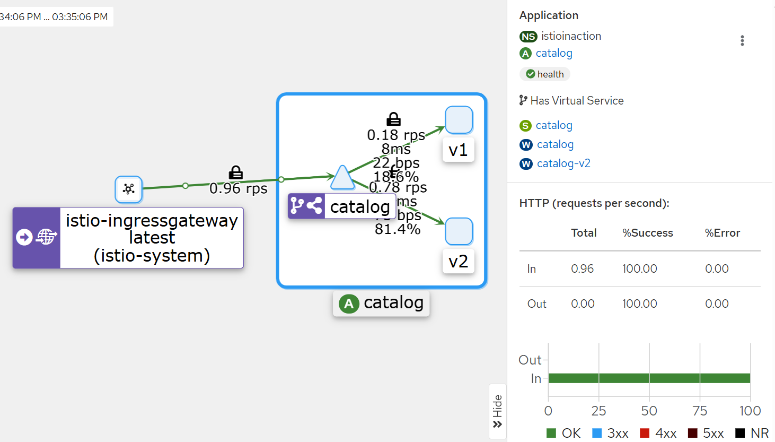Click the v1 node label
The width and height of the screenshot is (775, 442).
458,150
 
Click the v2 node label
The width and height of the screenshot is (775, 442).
458,262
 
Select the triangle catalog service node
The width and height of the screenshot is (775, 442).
342,178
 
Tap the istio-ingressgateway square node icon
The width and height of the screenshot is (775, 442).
129,189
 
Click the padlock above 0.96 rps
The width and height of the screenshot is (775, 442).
236,172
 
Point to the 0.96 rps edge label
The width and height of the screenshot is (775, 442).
239,188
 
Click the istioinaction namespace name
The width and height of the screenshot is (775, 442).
571,36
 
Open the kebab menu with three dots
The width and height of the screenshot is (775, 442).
742,41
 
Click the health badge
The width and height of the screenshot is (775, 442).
545,74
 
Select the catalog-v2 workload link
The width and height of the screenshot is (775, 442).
563,163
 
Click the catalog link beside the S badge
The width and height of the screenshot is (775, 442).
554,125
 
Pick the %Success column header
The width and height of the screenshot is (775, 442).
647,233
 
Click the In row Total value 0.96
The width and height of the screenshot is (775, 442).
582,269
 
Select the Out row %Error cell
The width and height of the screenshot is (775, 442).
717,304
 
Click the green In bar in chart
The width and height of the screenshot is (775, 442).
649,378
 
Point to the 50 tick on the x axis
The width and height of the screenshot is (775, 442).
649,411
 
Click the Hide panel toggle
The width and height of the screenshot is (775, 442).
497,411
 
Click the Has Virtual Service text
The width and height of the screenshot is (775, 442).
577,101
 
